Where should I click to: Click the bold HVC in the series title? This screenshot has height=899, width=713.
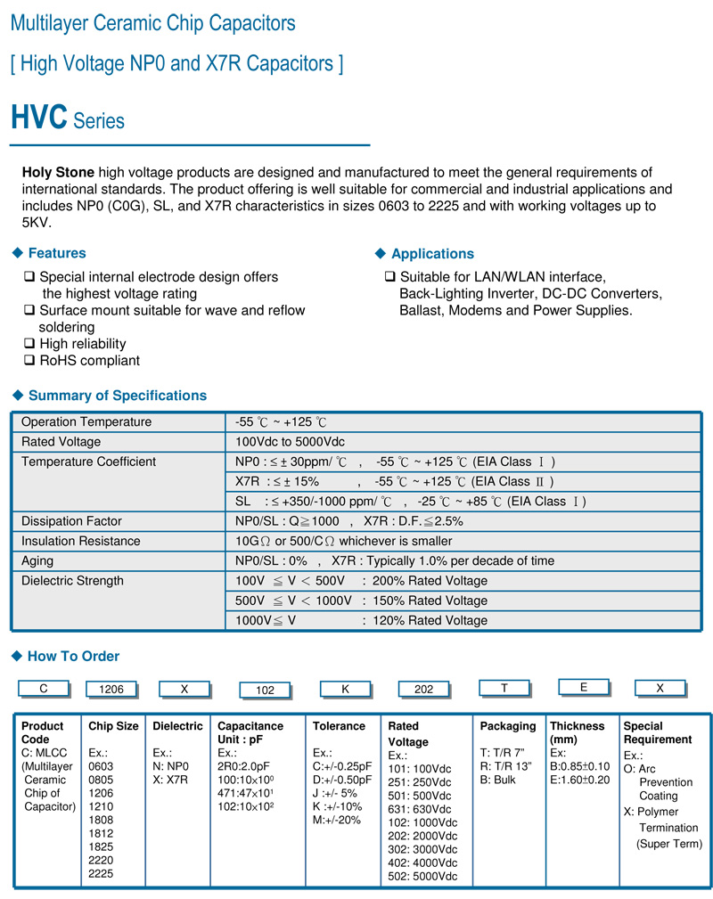tap(38, 118)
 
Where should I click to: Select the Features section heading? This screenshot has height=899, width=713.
tap(57, 254)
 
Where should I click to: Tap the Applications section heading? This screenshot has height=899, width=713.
tap(432, 254)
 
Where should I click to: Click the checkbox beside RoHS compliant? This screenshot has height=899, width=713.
tap(30, 361)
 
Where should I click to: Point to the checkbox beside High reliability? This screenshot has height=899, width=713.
tap(30, 344)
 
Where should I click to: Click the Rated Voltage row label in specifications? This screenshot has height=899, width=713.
tap(61, 442)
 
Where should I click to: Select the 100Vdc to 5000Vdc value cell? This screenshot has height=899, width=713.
tap(290, 442)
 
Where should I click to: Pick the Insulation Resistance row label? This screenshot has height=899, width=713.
tap(80, 541)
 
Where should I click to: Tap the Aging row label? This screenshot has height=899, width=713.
tap(37, 561)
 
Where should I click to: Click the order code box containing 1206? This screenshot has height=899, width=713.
tap(111, 689)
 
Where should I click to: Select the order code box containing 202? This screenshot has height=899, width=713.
tap(424, 689)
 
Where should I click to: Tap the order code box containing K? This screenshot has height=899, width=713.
tap(345, 689)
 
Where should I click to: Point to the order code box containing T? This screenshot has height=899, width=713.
tap(504, 687)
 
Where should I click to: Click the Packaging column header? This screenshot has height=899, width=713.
tap(508, 726)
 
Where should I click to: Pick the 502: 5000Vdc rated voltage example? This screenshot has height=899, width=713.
tap(422, 877)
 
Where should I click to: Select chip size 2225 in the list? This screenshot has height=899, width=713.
tap(102, 874)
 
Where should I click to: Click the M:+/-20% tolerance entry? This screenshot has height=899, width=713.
tap(337, 820)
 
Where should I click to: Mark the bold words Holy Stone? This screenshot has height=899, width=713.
tap(58, 173)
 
